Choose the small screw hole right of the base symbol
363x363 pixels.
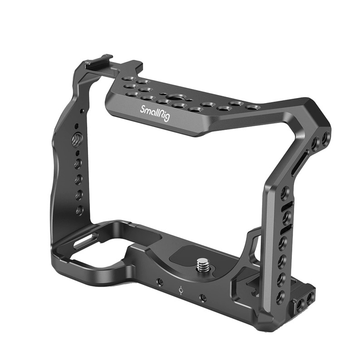[x=202, y=298]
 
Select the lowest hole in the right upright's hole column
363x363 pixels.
[x=281, y=295]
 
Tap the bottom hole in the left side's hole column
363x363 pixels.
[x=79, y=210]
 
